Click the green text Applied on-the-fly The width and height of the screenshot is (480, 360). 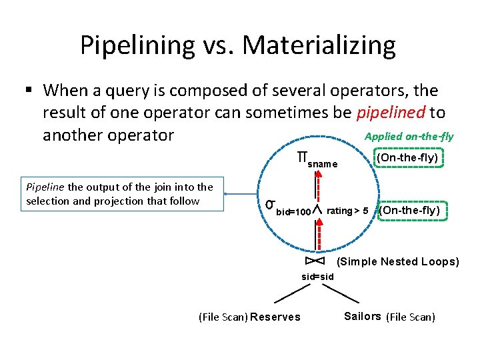[409, 137]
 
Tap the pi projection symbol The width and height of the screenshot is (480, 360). [302, 159]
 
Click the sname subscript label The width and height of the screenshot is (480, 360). [323, 164]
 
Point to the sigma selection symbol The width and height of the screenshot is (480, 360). [270, 204]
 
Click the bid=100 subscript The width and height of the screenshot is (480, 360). [293, 213]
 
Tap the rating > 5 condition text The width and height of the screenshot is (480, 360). [347, 211]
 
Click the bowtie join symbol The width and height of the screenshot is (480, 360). [315, 261]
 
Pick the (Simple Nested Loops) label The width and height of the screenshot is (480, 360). [398, 261]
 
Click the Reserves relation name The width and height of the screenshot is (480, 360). [275, 317]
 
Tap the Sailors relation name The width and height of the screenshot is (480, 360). [363, 316]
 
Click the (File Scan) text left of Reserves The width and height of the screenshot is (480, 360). [223, 317]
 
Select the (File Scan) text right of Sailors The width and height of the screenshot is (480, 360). [411, 317]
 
